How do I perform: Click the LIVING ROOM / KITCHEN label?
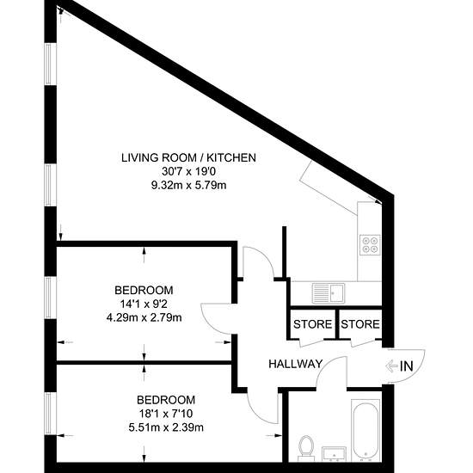188,157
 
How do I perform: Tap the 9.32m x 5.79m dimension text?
189,185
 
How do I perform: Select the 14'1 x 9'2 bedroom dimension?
144,304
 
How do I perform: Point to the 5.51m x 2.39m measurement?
166,427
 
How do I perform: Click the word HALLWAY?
296,364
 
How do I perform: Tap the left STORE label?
312,324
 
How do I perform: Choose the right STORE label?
360,324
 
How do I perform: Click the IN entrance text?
406,366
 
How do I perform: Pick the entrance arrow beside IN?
391,366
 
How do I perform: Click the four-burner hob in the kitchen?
370,244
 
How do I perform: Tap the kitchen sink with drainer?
329,293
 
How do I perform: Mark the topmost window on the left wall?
51,64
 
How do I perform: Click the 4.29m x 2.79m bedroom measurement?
144,317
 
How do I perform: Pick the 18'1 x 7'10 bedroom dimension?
166,414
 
